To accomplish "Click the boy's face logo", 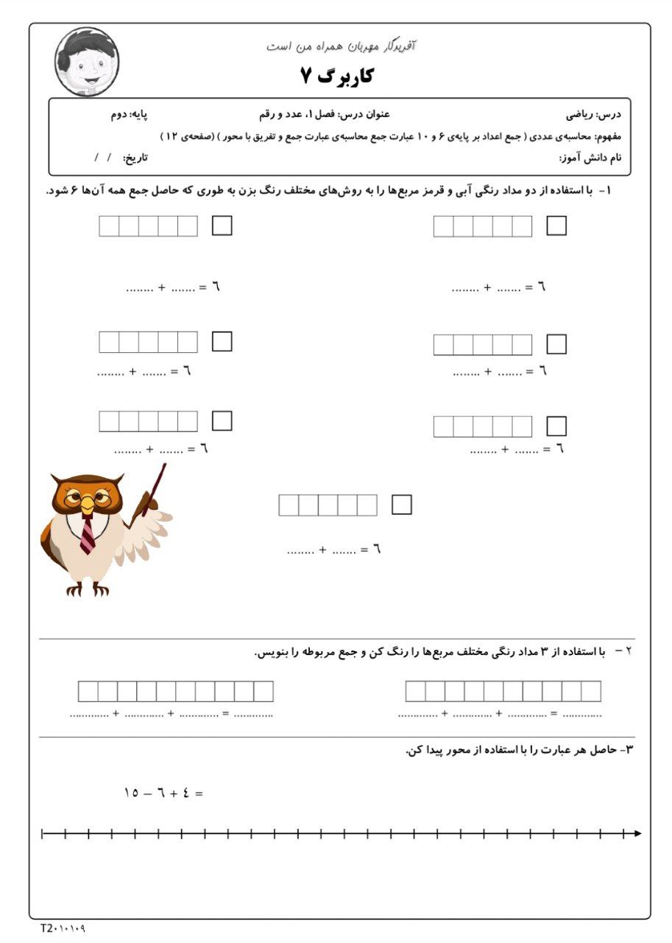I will pos(87,61).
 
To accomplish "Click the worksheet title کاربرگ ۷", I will pos(336,74).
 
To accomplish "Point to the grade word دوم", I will pos(119,115).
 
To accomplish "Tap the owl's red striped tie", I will pos(88,534).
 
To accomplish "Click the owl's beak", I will pos(88,503).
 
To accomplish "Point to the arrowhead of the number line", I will pos(637,833).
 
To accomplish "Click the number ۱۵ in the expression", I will pos(132,793).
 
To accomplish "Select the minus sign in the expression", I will pos(148,793).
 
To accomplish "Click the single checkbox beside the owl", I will pos(402,505).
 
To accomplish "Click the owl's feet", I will pos(88,589).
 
